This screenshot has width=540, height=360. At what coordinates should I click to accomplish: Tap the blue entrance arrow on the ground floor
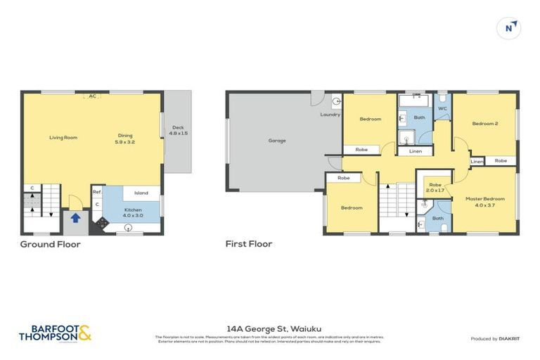[75, 217]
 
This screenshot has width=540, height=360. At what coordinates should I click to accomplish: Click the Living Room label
[63, 137]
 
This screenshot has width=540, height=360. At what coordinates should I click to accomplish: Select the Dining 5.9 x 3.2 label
[125, 139]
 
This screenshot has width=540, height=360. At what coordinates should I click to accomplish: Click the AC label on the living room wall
[92, 96]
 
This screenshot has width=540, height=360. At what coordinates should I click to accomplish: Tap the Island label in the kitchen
[141, 193]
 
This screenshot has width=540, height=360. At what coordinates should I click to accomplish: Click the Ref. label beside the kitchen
[97, 191]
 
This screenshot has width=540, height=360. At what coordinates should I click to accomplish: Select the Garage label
[277, 141]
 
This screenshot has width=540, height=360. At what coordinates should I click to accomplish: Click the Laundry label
[330, 115]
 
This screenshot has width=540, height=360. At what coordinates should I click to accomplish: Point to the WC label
[442, 109]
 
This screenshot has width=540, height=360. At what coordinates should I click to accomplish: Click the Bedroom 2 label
[484, 124]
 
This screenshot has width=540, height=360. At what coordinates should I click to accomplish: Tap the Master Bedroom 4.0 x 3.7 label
[484, 202]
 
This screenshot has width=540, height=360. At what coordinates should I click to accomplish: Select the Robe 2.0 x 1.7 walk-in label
[435, 188]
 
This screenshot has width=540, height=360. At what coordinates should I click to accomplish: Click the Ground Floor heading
[50, 244]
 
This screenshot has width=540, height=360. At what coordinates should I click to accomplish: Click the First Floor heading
[248, 244]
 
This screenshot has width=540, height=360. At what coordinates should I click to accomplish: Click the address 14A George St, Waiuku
[269, 328]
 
